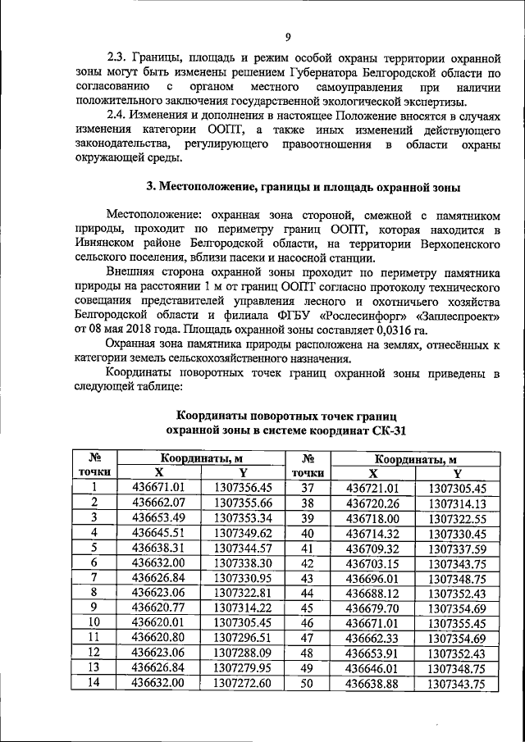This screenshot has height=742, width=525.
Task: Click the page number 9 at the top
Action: (x=288, y=37)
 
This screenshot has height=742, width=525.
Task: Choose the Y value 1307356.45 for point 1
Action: (x=248, y=488)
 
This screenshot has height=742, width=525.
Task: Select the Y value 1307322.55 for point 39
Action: (x=458, y=518)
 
